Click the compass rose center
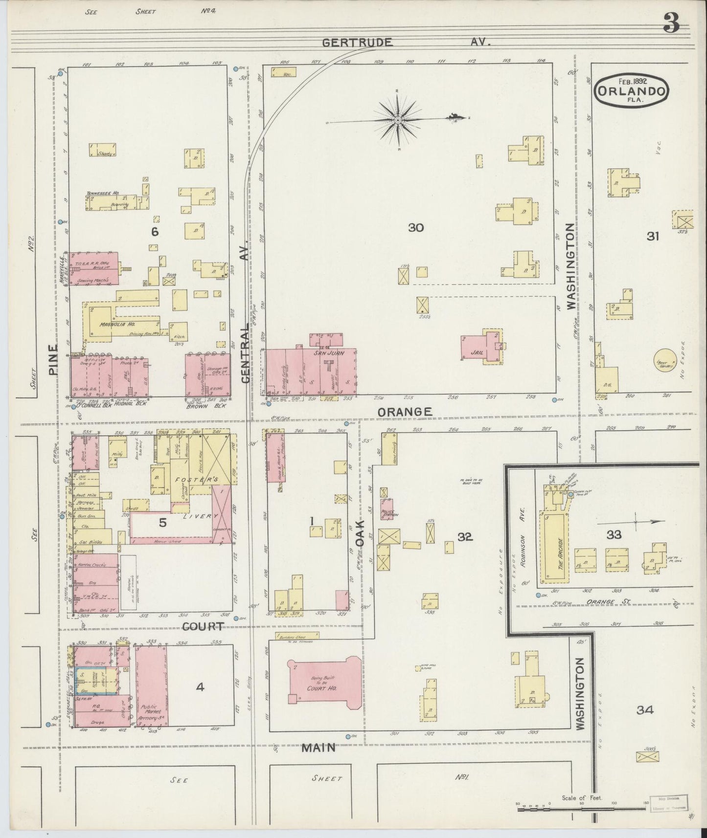[398, 120]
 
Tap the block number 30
[416, 227]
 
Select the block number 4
[200, 687]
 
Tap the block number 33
[614, 535]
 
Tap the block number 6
[155, 232]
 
